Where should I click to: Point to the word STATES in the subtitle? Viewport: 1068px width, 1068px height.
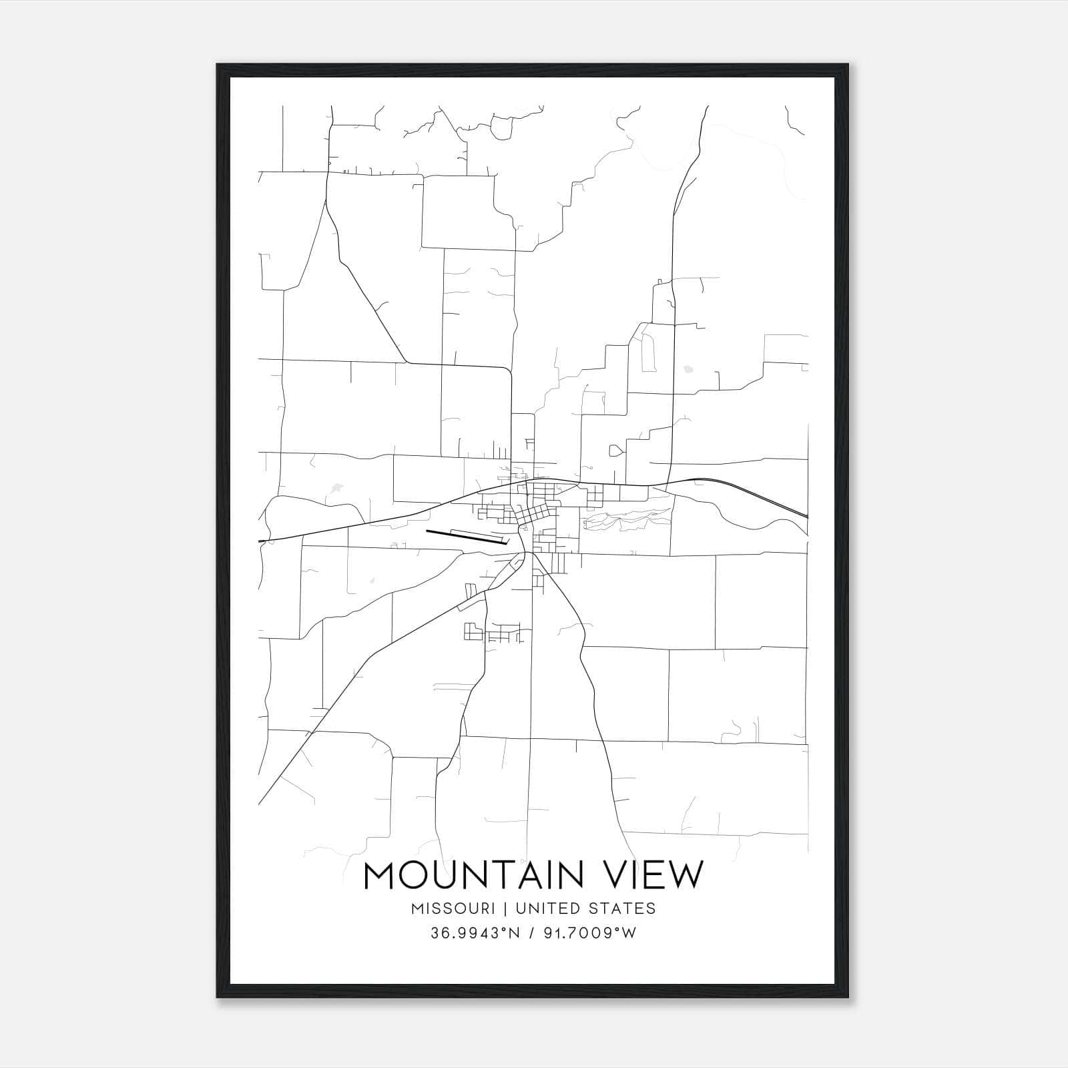[x=623, y=908]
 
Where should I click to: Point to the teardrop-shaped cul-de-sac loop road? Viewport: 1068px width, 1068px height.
[x=616, y=451]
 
